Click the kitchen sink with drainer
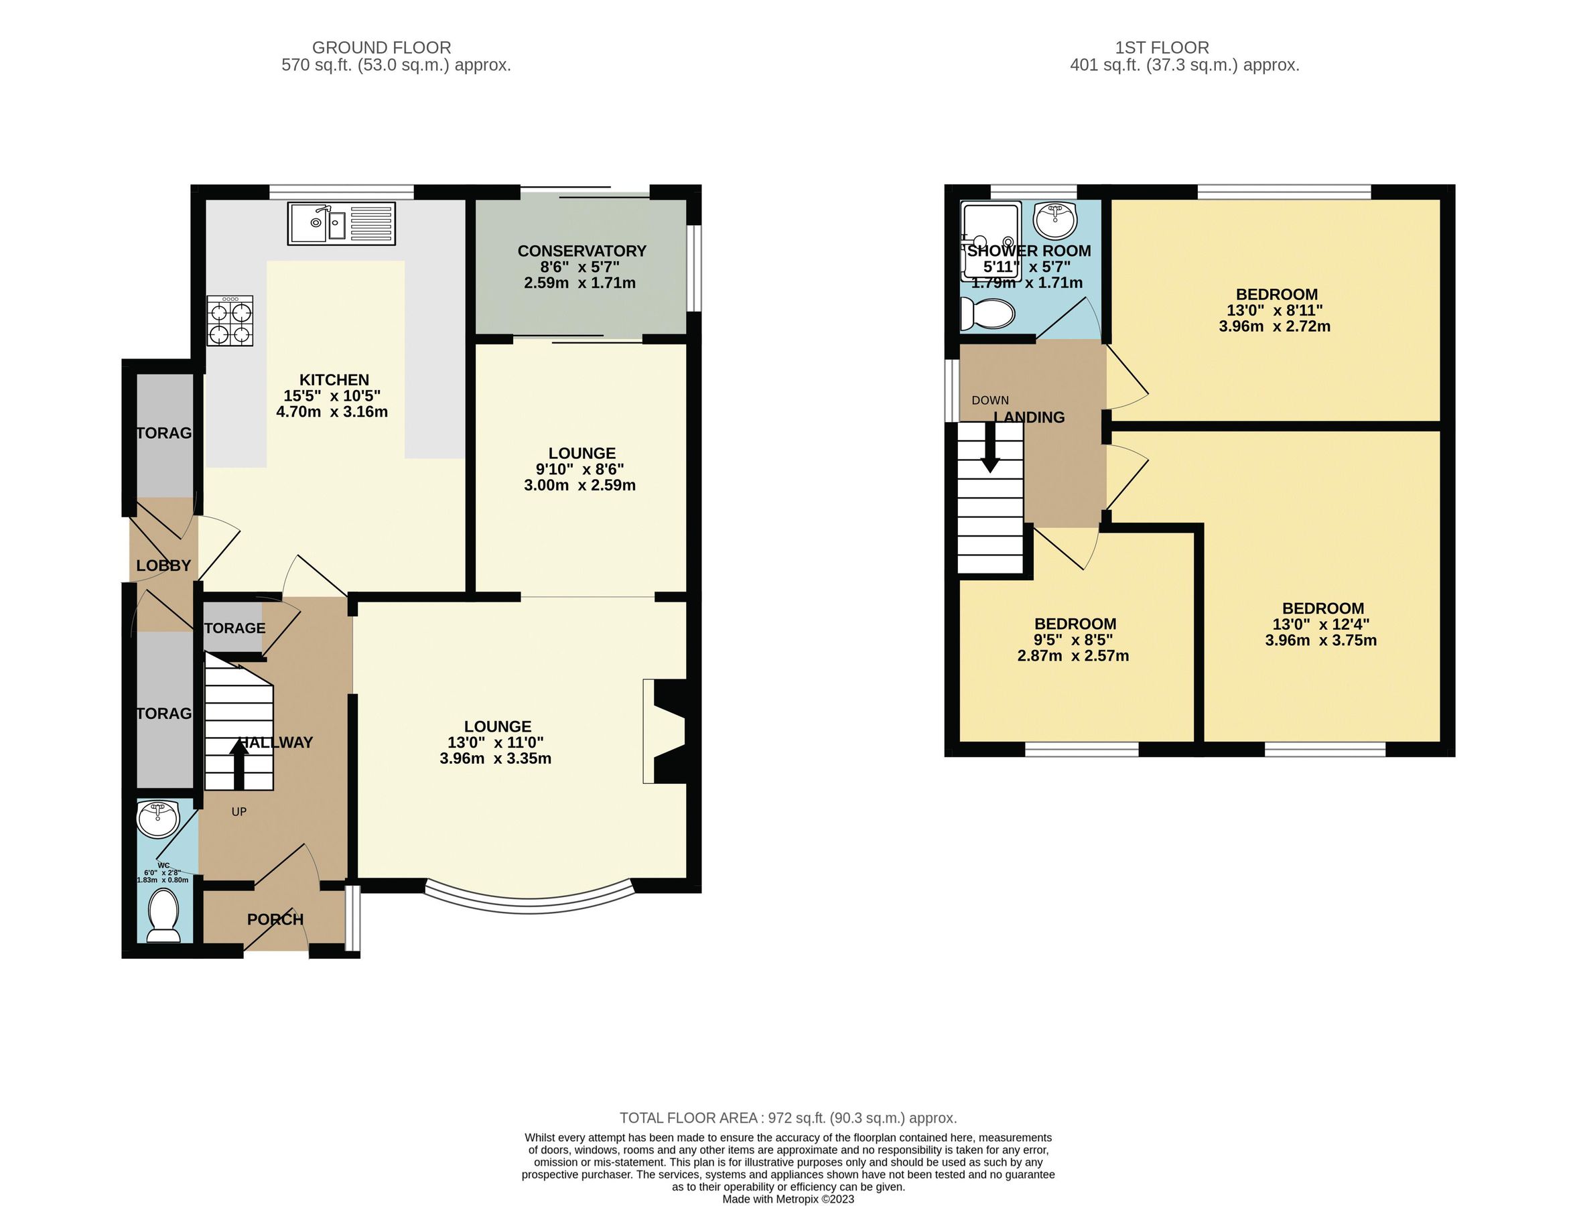click(342, 222)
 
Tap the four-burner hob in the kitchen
click(230, 321)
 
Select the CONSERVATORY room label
click(581, 251)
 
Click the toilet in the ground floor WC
click(163, 915)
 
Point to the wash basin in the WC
click(157, 819)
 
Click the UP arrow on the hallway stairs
click(238, 764)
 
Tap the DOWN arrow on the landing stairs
click(990, 448)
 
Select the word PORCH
click(275, 919)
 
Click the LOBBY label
click(163, 565)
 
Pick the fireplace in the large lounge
click(666, 731)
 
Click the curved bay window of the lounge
click(530, 904)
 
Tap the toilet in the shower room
click(987, 314)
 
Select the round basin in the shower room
click(1055, 220)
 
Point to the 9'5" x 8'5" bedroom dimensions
click(1074, 641)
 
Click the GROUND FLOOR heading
click(381, 48)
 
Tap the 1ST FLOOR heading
click(1162, 48)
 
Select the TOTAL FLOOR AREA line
click(787, 1118)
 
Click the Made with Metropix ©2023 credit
click(787, 1199)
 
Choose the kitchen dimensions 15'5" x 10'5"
click(332, 395)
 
